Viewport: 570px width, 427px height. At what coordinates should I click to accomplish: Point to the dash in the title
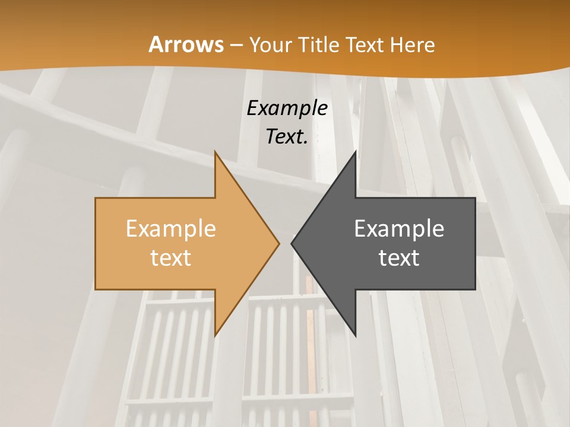(x=236, y=46)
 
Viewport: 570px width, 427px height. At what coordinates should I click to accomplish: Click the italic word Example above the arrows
(x=287, y=108)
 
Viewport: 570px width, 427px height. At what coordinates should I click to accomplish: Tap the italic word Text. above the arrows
(x=287, y=136)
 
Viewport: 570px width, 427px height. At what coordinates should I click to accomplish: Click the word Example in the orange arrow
(x=171, y=228)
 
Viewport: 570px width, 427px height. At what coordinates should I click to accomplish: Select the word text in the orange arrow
(x=171, y=257)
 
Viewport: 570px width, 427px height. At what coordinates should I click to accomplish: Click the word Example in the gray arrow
(x=399, y=228)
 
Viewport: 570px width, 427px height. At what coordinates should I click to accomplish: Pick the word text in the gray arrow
(x=399, y=257)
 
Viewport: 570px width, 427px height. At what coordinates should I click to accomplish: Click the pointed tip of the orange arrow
(x=278, y=243)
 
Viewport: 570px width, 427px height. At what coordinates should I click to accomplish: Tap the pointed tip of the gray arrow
(x=292, y=243)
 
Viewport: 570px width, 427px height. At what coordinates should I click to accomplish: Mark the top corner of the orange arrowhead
(x=215, y=152)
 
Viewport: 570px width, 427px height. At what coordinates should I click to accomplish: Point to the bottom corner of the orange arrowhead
(x=215, y=336)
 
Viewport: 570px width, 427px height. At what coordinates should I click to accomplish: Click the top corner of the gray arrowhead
(x=355, y=152)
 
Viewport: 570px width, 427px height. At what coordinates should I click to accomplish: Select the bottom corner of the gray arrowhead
(x=355, y=336)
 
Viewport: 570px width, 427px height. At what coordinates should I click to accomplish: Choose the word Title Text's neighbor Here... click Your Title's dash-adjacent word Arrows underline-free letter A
(x=156, y=44)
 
